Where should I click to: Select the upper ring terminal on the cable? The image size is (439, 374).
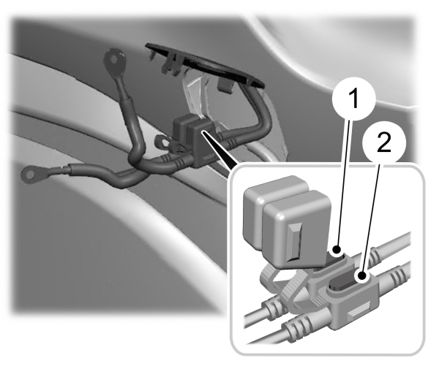[114, 57]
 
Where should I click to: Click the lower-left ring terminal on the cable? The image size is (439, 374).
[34, 173]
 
